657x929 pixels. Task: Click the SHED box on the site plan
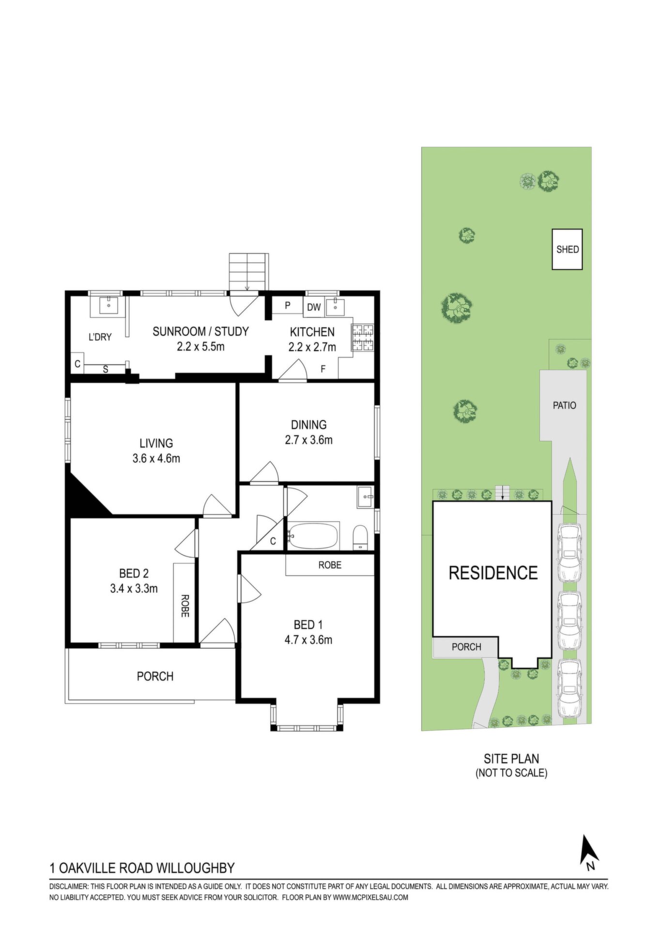click(x=567, y=249)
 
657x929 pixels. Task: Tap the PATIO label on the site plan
click(x=565, y=405)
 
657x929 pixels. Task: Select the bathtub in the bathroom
click(x=313, y=536)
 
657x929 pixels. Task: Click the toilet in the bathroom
click(x=361, y=537)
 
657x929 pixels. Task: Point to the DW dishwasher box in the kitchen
click(x=314, y=307)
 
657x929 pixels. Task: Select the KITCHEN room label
click(x=312, y=332)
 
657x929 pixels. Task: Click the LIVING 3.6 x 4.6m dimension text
click(x=156, y=458)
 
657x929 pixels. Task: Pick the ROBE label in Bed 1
click(x=330, y=565)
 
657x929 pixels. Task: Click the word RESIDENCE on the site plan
click(x=493, y=573)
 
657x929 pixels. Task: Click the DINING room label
click(x=308, y=425)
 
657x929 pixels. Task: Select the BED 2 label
click(x=134, y=573)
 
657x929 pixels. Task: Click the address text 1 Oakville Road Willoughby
click(x=142, y=868)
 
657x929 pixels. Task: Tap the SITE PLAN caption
click(x=511, y=759)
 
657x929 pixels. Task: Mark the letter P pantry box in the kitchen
click(x=288, y=306)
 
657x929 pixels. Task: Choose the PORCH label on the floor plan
click(x=155, y=676)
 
